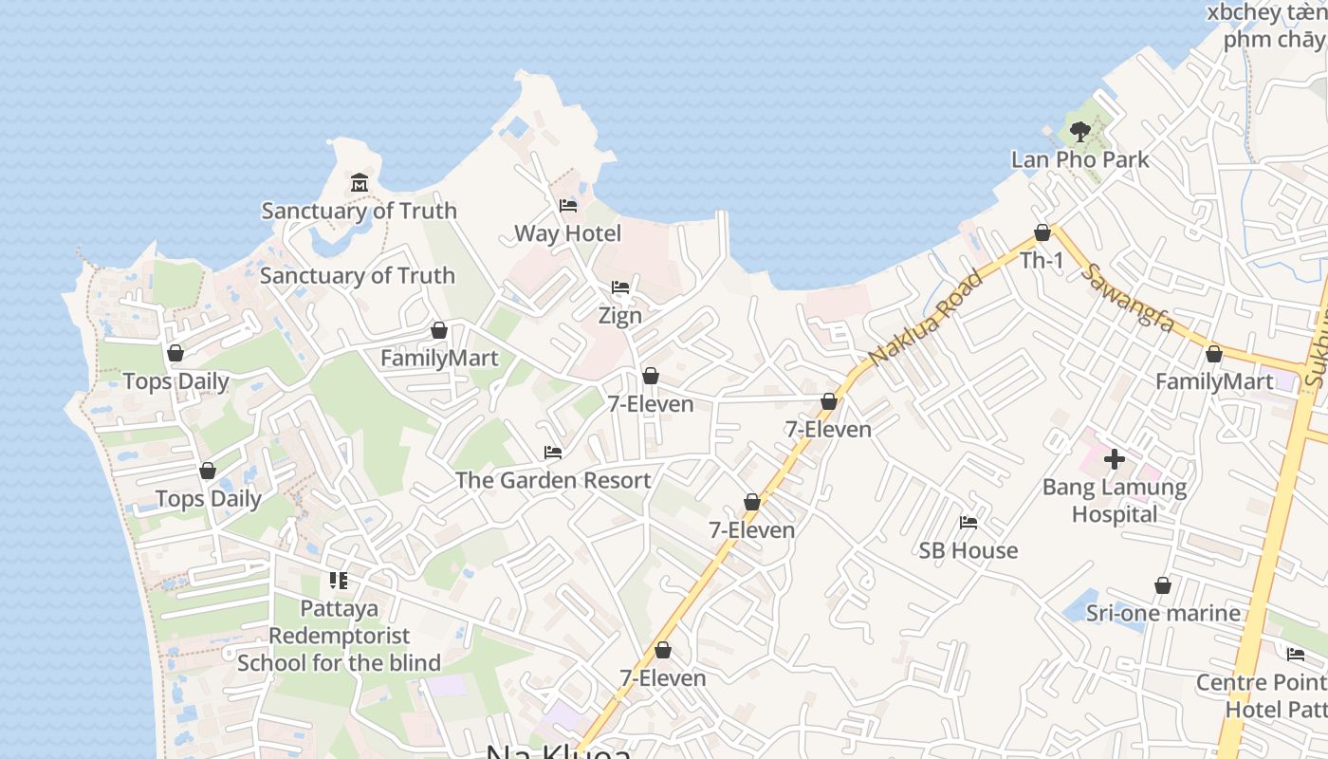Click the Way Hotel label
pos(567,233)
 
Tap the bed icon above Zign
pos(620,287)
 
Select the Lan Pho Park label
pos(1079,159)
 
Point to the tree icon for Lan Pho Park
pos(1079,132)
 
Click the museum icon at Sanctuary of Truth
pos(359,182)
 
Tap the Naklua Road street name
pos(925,317)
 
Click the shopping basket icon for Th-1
pos(1042,232)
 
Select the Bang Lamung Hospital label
pos(1115,501)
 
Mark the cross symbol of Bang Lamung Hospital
pos(1115,460)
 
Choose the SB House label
pos(968,550)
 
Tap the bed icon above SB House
pos(968,523)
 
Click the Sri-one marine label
pos(1163,613)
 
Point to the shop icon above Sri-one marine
pos(1163,585)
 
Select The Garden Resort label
pos(553,480)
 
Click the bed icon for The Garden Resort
pos(553,453)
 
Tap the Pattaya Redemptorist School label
pos(339,636)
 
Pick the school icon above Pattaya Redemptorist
pos(339,581)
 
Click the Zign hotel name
pos(620,315)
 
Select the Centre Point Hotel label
pos(1262,695)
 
